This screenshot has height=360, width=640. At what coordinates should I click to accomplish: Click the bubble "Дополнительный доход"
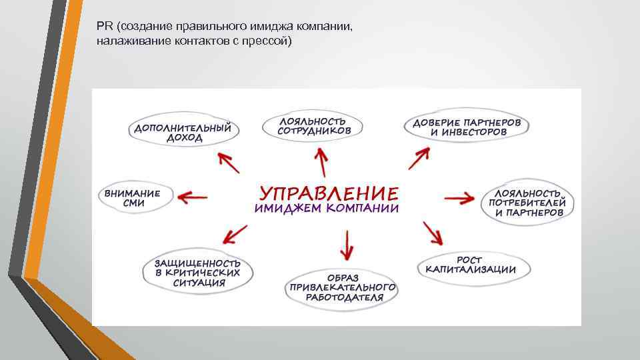(x=183, y=132)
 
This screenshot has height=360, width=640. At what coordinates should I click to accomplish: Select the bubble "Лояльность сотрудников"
(x=314, y=127)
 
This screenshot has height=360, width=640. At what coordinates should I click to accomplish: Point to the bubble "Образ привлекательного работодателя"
(x=343, y=287)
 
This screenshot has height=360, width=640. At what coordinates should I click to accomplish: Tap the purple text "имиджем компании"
(x=327, y=209)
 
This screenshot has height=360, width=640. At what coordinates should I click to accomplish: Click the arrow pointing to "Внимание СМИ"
(x=193, y=197)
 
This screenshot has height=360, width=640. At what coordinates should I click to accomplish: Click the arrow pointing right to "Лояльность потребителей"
(x=459, y=199)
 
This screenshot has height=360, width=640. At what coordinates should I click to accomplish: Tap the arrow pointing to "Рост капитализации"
(x=431, y=233)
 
